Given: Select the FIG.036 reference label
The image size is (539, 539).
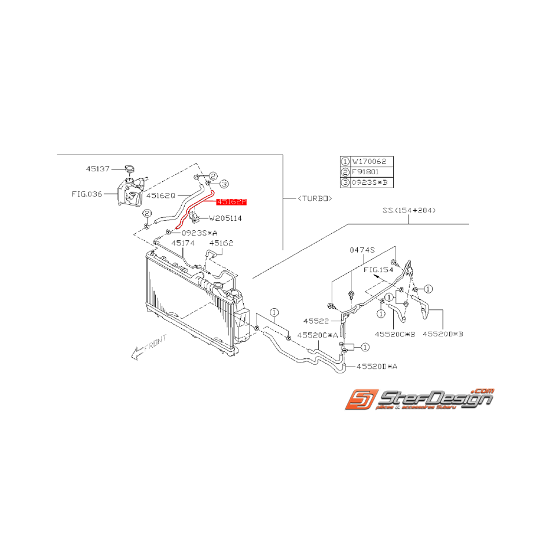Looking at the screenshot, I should click(x=87, y=194).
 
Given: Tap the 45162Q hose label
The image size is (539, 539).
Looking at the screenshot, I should click(x=161, y=196).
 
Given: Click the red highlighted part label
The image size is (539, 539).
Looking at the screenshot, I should click(x=232, y=203).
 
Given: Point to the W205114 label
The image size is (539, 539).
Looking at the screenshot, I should click(x=225, y=219).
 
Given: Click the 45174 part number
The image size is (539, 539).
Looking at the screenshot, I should click(x=182, y=243).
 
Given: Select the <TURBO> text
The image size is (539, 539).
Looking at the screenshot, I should click(x=314, y=198).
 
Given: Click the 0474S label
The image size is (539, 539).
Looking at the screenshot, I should click(x=363, y=250).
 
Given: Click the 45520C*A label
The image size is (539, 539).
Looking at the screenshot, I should click(x=317, y=335).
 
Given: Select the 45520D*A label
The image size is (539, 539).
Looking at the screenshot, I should click(x=377, y=366).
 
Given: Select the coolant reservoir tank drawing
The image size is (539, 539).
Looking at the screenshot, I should click(x=130, y=190).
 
